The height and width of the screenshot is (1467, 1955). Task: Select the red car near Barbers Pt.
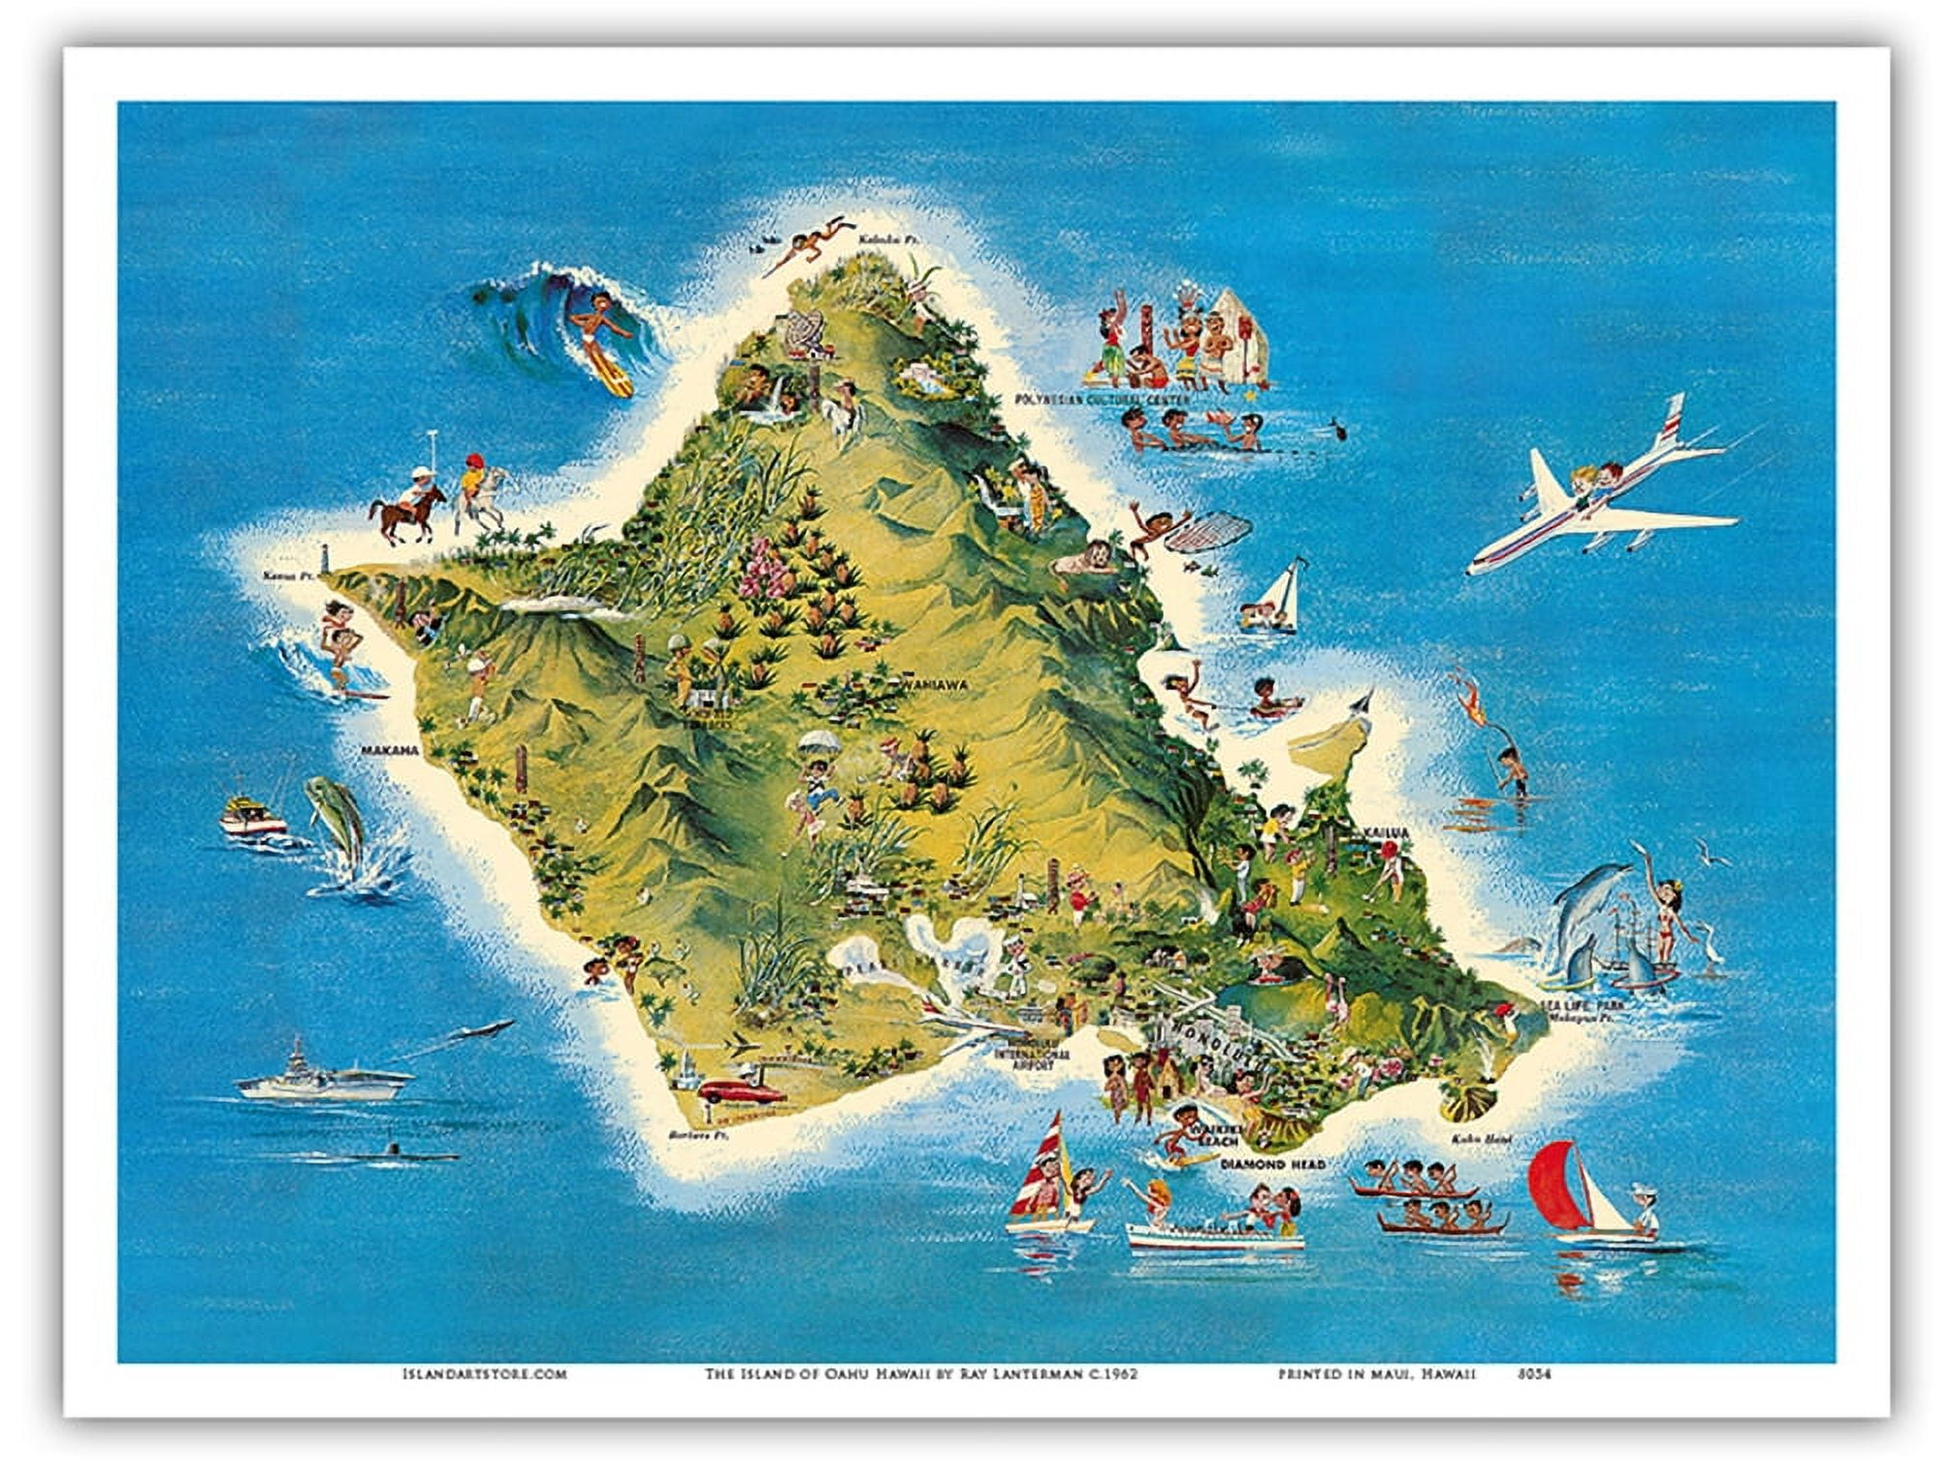741,1090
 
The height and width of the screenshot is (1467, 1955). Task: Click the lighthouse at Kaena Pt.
329,561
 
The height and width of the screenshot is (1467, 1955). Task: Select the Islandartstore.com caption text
483,1374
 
